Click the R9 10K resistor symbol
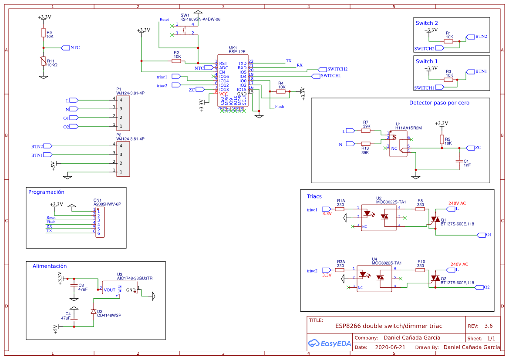(43, 33)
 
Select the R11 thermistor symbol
(43, 61)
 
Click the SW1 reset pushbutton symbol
(185, 29)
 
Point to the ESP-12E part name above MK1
(237, 52)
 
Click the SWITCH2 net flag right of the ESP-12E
(323, 69)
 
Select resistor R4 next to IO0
(281, 91)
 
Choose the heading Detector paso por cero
(439, 103)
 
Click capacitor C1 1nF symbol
(458, 161)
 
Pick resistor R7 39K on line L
(366, 130)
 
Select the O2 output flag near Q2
(479, 287)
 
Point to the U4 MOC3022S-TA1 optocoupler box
(376, 279)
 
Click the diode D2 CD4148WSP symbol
(93, 312)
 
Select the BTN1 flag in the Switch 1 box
(470, 71)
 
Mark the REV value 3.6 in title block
(488, 326)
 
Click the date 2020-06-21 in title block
(390, 347)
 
